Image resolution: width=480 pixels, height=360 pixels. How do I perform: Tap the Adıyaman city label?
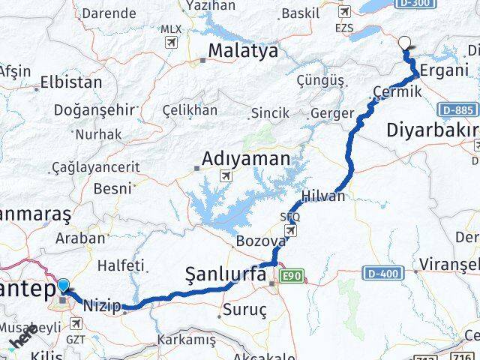pyautogui.click(x=246, y=159)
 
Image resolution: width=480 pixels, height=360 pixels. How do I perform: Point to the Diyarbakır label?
pyautogui.click(x=431, y=130)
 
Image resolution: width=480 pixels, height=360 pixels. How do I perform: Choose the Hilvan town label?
pyautogui.click(x=322, y=196)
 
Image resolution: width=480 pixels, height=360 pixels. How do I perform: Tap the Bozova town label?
pyautogui.click(x=260, y=241)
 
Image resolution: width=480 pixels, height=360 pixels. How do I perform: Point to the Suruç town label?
pyautogui.click(x=246, y=307)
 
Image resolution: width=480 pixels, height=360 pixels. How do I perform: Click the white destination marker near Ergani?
pyautogui.click(x=405, y=43)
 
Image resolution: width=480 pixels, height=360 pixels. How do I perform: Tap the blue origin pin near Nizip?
pyautogui.click(x=64, y=286)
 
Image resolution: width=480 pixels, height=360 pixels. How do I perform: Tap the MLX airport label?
pyautogui.click(x=171, y=29)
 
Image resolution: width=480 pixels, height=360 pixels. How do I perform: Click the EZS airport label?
pyautogui.click(x=344, y=28)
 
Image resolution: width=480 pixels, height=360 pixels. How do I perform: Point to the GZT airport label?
pyautogui.click(x=75, y=340)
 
